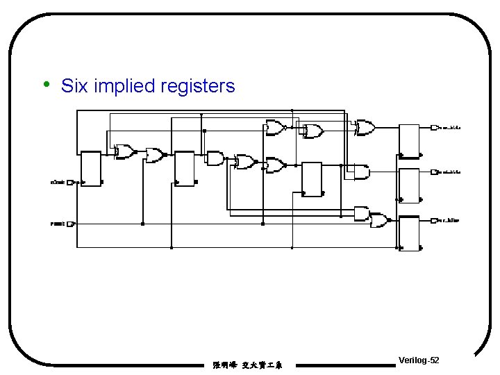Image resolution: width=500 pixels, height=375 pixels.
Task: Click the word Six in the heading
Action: click(x=74, y=86)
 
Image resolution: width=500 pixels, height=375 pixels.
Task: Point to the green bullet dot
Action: click(x=46, y=85)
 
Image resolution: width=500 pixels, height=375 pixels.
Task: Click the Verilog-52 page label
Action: click(x=419, y=360)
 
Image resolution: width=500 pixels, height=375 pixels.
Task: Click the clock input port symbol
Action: click(x=70, y=183)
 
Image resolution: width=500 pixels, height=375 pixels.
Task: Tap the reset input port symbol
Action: click(x=70, y=224)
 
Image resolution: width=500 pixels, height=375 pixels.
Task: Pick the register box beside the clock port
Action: click(x=91, y=168)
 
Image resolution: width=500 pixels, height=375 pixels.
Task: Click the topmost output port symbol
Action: click(x=434, y=128)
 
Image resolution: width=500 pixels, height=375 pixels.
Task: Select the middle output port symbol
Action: click(x=434, y=172)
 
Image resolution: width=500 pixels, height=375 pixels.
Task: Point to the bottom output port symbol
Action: click(x=434, y=221)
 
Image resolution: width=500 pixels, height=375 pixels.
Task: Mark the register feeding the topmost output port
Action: click(x=410, y=141)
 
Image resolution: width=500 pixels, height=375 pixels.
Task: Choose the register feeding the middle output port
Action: click(x=410, y=185)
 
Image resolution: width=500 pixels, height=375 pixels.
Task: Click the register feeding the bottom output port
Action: click(x=410, y=233)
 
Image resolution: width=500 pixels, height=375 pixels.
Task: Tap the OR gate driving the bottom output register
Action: click(x=379, y=222)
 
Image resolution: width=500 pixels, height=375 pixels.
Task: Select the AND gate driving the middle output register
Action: click(x=361, y=172)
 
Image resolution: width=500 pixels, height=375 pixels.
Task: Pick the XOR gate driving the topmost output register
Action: click(x=365, y=128)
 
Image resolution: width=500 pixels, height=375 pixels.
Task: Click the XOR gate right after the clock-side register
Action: click(x=125, y=152)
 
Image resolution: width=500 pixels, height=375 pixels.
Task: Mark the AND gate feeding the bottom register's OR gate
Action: click(x=361, y=212)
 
